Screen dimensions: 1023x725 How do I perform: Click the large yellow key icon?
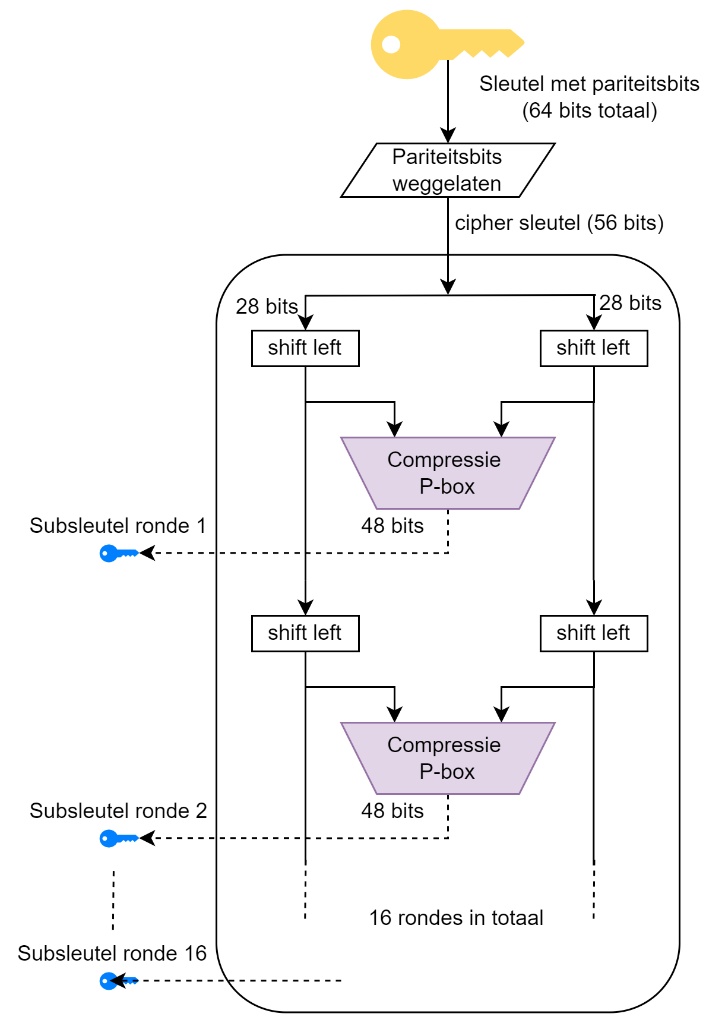tap(428, 44)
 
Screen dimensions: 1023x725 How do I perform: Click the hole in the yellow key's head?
tap(391, 45)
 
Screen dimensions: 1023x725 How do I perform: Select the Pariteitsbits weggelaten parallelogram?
tap(448, 170)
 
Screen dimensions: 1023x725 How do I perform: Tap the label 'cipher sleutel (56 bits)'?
tap(559, 223)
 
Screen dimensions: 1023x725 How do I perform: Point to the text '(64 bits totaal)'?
tap(589, 111)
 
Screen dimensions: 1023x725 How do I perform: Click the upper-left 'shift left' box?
tap(305, 348)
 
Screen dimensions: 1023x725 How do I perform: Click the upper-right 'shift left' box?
tap(593, 348)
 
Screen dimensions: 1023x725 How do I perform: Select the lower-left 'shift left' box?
tap(305, 633)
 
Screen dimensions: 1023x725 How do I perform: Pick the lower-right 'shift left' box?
tap(593, 633)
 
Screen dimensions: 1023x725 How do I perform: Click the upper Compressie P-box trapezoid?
tap(448, 473)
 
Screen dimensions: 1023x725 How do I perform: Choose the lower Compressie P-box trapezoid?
tap(448, 758)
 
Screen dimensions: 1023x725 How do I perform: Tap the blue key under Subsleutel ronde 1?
tap(118, 554)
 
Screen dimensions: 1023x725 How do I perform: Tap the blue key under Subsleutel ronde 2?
tap(118, 839)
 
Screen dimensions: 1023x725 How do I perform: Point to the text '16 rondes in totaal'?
tap(456, 918)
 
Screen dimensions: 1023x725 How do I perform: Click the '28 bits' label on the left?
tap(267, 307)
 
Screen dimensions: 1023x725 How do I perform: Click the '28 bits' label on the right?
tap(630, 303)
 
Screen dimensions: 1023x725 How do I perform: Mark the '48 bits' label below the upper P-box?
tap(392, 526)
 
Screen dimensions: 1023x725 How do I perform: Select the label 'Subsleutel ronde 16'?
tap(112, 953)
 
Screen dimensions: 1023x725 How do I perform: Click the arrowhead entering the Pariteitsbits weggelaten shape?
tap(448, 135)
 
